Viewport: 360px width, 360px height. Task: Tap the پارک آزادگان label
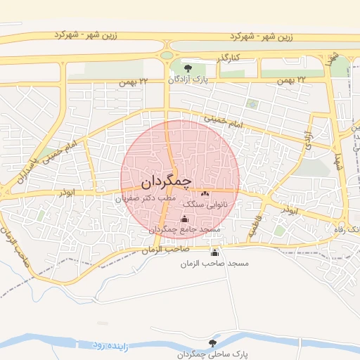[x=190, y=79]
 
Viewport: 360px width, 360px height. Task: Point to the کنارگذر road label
[x=226, y=56]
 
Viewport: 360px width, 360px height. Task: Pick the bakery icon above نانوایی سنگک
[x=205, y=193]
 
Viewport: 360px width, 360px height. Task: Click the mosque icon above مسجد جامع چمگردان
[x=185, y=218]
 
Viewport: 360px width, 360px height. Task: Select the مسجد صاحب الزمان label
[x=214, y=263]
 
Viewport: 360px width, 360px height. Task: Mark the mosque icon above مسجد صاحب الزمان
[x=214, y=252]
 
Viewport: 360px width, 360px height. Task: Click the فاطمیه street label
[x=250, y=225]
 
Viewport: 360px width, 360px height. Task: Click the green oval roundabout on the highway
[x=167, y=54]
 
